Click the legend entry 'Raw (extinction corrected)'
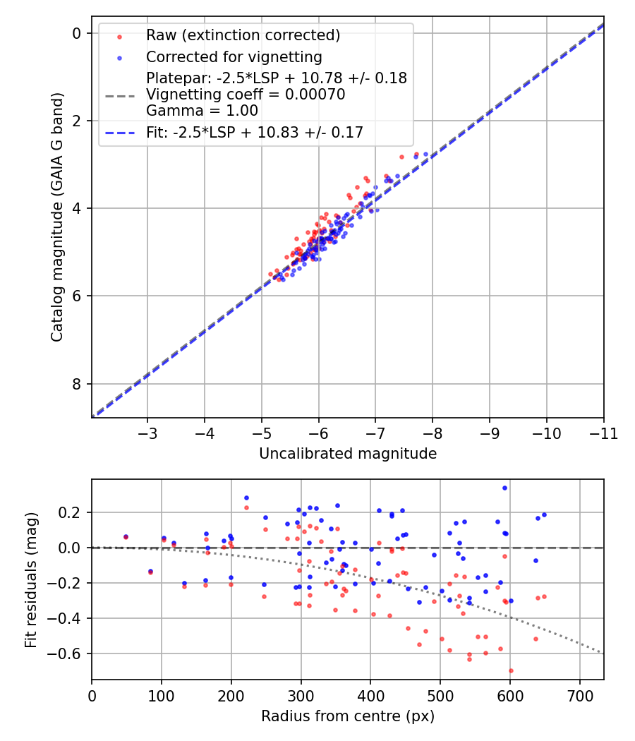coord(243,35)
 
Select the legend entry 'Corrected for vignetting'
coord(234,57)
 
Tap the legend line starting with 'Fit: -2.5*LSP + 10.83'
coord(254,132)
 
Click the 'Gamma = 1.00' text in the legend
coord(202,111)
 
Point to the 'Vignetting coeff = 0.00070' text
coord(246,95)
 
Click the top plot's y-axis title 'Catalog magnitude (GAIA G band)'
coord(57,217)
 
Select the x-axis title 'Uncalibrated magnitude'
coord(348,454)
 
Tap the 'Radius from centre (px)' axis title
coord(348,716)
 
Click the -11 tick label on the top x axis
coord(603,433)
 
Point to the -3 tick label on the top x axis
coord(147,433)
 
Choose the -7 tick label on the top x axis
coord(375,433)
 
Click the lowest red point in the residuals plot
coord(510,670)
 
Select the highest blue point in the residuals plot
coord(504,488)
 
